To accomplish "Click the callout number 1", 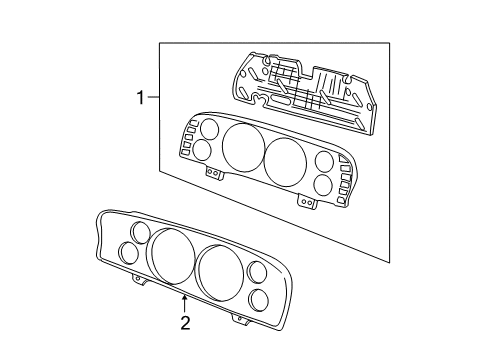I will click(143, 97).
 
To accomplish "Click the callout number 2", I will click(185, 322).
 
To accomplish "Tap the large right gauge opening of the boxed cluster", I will click(286, 161).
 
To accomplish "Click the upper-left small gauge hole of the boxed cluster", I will click(209, 129).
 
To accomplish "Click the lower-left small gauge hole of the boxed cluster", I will click(201, 151).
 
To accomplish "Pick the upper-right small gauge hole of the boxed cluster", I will click(325, 163).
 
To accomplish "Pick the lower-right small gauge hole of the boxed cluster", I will click(322, 185).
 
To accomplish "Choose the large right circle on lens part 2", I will click(220, 271).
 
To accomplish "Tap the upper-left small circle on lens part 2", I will click(139, 235).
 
